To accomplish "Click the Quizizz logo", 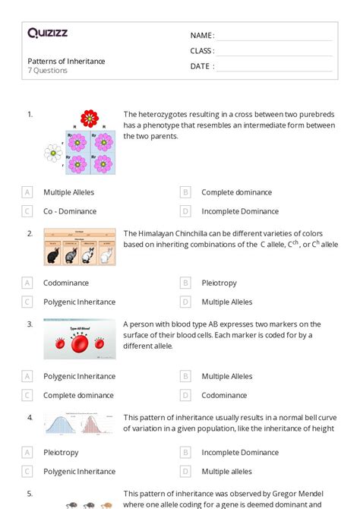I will pos(48,33).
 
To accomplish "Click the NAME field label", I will pos(202,36).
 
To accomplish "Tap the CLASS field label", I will pos(202,51).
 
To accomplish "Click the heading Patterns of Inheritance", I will pos(66,61).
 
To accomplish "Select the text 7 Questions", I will pos(47,71).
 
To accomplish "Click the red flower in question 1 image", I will pos(90,118).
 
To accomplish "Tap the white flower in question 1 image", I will pos(52,153).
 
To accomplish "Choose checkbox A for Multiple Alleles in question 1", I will pos(27,192).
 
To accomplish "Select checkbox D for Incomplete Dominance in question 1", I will pos(185,211).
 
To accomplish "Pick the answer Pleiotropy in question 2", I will pos(219,283).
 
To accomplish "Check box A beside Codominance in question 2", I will pos(27,283).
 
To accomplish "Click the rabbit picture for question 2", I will pos(80,247).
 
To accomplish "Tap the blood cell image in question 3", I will pos(80,339).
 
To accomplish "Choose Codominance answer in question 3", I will pos(224,395).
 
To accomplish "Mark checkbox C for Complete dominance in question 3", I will pos(27,395).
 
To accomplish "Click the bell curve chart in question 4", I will pos(80,425).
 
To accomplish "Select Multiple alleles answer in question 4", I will pos(226,471).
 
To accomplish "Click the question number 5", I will pos(30,493).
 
